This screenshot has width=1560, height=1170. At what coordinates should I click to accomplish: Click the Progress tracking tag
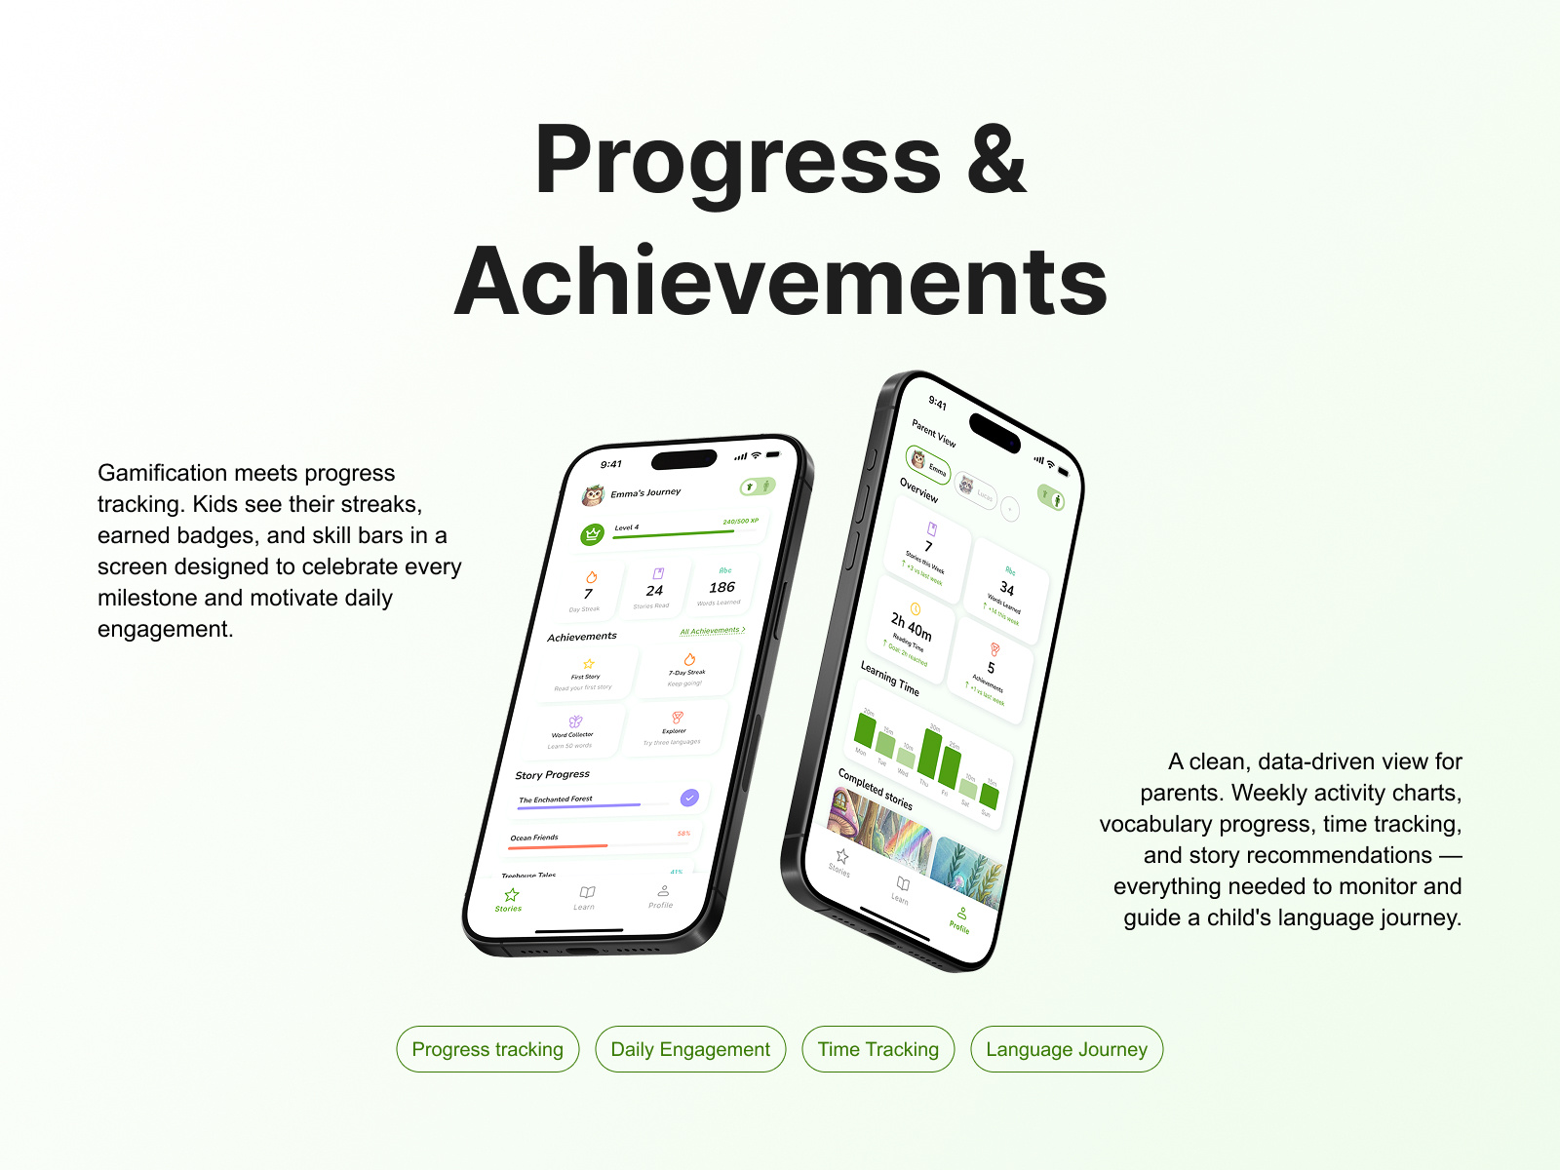click(487, 1049)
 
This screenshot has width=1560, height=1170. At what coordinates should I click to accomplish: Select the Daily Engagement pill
click(690, 1049)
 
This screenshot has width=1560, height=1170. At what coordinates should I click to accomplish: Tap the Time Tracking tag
click(877, 1049)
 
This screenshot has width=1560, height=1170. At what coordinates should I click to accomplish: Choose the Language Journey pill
click(1067, 1049)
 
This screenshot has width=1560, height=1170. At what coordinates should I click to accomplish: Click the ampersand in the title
click(995, 161)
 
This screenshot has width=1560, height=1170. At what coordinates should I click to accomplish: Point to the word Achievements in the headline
click(780, 282)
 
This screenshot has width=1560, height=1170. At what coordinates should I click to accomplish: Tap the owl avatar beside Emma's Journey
click(593, 496)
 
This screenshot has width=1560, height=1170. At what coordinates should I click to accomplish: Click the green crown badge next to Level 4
click(592, 534)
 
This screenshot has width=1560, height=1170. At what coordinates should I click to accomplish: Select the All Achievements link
click(712, 631)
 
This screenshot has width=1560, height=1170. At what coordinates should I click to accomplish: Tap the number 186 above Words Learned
click(721, 587)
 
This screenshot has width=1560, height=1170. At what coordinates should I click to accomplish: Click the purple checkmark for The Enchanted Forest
click(689, 798)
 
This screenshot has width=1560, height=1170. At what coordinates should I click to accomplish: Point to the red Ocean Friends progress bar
click(559, 846)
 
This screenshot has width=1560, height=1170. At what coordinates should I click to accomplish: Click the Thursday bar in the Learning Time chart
click(930, 754)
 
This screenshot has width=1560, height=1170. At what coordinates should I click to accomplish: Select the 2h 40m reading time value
click(911, 625)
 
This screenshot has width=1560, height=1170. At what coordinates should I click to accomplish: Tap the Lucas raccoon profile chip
click(974, 488)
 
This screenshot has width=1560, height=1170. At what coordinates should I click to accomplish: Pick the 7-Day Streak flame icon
click(689, 659)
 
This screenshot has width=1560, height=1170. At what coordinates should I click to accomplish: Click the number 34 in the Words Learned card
click(1007, 589)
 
